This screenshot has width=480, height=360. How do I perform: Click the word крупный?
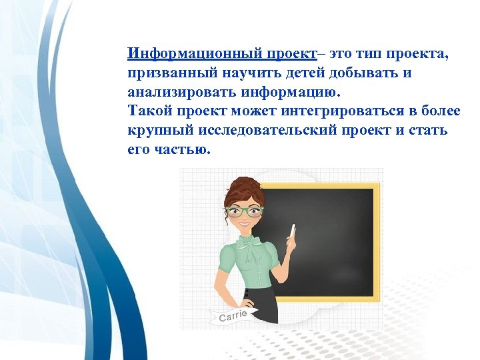(x=153, y=131)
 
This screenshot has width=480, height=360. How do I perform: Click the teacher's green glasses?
(x=244, y=211)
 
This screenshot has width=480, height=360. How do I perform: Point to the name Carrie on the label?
(x=233, y=315)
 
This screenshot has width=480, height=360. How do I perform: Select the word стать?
(x=430, y=131)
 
